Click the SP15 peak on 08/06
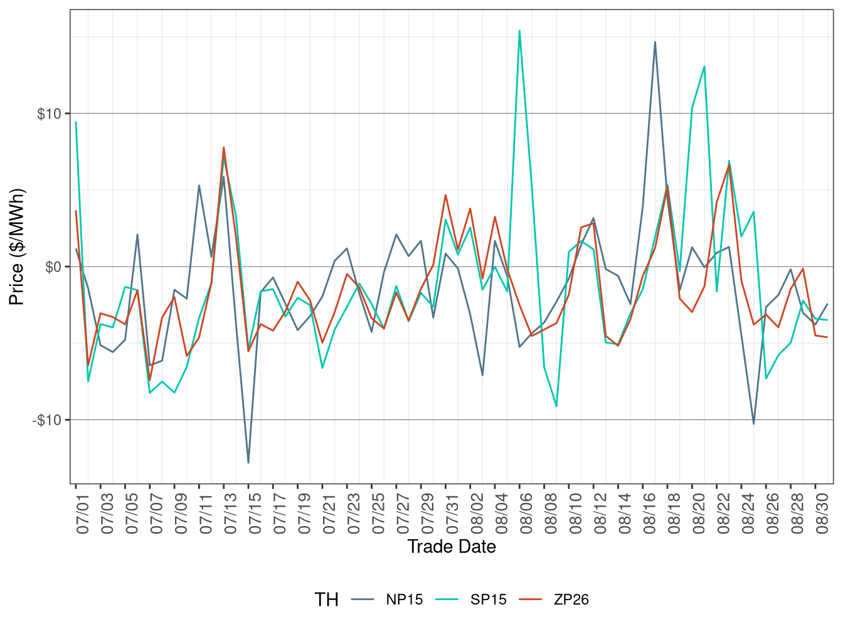tap(519, 31)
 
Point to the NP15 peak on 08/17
tap(655, 42)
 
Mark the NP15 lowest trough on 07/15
tap(248, 463)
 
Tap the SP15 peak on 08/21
tap(704, 66)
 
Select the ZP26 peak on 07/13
tap(223, 147)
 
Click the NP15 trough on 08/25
tap(753, 424)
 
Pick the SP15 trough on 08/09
tap(556, 406)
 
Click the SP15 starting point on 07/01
tap(76, 122)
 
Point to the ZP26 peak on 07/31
tap(445, 195)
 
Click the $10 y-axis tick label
tap(49, 114)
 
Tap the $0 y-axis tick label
tap(53, 267)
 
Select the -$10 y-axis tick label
tap(47, 420)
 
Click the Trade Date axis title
tap(452, 547)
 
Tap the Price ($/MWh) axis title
tap(17, 247)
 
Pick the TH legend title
tap(326, 600)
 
